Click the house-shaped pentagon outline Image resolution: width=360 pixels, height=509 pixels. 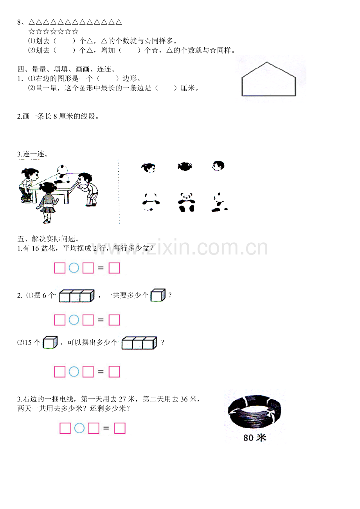(268, 80)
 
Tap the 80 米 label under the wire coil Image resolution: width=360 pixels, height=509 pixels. (254, 438)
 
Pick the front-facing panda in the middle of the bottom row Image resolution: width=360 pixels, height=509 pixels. (187, 202)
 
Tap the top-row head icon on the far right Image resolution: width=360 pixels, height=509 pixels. (218, 167)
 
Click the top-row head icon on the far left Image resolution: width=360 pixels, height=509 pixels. (148, 168)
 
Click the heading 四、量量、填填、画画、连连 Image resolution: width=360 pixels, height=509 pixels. (67, 69)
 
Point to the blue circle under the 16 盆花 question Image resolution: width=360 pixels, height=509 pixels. (74, 268)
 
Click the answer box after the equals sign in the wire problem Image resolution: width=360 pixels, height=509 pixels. (120, 428)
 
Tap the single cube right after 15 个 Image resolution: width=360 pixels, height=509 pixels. (50, 342)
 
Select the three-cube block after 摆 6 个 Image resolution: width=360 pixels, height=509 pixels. (77, 296)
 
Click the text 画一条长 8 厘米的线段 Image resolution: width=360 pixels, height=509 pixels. (59, 116)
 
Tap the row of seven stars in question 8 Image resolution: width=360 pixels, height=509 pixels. (54, 32)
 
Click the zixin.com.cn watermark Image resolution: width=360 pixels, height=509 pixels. (180, 248)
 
